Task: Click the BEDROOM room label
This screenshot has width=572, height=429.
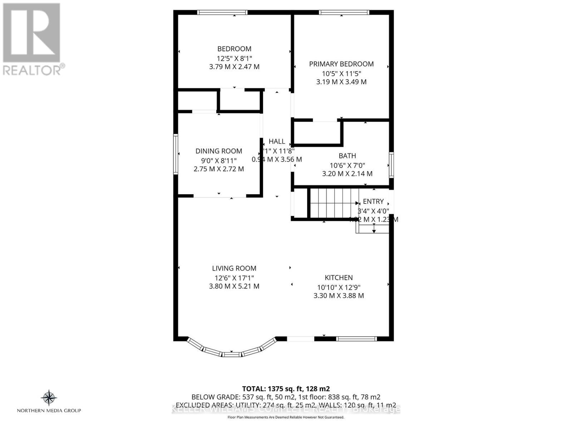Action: point(234,49)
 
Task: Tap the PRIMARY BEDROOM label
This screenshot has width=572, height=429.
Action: point(341,64)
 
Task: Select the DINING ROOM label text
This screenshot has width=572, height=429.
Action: point(218,151)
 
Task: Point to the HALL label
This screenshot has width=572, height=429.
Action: point(277,142)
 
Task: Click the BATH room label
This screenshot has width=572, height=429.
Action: point(347,156)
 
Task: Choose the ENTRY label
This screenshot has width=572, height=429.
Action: point(373,202)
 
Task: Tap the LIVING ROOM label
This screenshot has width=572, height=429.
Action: point(234,268)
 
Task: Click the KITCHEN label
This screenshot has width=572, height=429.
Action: point(339,278)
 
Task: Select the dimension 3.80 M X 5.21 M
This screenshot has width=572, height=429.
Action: point(234,286)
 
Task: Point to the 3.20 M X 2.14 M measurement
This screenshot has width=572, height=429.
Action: point(347,174)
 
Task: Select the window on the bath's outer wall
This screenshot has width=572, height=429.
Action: point(391,165)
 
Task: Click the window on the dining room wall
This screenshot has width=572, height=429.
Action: point(176,154)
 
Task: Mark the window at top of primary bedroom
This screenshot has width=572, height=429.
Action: point(344,13)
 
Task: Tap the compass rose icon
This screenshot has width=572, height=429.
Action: point(49,398)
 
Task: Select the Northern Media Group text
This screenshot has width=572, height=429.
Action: point(49,410)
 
